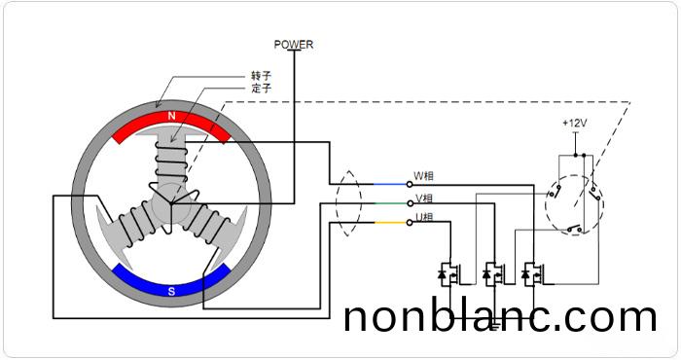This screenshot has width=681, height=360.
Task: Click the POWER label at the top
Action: pos(294,44)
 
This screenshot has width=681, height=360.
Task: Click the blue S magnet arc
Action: pos(171,285)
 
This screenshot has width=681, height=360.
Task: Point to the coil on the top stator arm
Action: pos(171,157)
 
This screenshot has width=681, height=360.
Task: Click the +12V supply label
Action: pos(574,124)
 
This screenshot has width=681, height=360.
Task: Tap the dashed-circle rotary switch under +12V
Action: pos(573,200)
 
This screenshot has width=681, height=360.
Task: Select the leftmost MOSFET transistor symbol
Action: pos(451,274)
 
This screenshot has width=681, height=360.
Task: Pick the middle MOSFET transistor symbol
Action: pos(492,274)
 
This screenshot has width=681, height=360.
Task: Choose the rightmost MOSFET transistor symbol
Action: pos(531,274)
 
